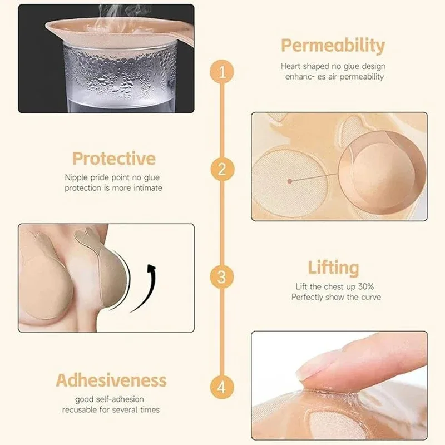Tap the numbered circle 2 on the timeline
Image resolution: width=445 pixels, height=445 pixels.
(x=222, y=169)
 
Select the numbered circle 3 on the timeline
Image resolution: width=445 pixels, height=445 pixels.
(x=222, y=276)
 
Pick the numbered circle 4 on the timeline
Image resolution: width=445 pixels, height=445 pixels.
(x=222, y=385)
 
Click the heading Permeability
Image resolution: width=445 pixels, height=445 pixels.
(x=332, y=46)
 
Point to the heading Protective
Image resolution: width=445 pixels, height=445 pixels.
(x=113, y=159)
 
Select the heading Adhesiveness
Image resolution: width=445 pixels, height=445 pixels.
(x=111, y=380)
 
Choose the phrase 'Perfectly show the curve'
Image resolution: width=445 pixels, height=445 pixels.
(x=336, y=298)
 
